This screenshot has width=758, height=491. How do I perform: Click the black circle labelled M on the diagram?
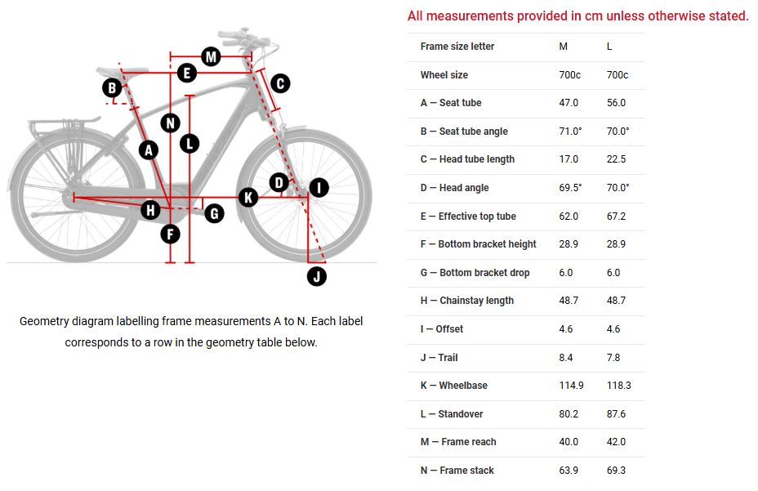[x=211, y=56]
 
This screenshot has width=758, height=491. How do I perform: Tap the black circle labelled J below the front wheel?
[x=317, y=276]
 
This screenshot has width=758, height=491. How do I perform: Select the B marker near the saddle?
[x=112, y=87]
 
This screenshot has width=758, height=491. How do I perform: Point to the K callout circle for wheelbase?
[x=248, y=197]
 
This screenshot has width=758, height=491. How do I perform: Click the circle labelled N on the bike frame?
[x=170, y=123]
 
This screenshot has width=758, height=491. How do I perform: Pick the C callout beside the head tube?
[x=279, y=83]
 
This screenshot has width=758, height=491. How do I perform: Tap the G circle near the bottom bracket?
[x=214, y=213]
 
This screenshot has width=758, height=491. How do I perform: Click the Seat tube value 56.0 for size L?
[x=616, y=103]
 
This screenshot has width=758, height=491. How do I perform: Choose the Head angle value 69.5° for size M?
[x=570, y=188]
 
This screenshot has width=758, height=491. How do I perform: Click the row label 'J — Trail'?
[x=439, y=357]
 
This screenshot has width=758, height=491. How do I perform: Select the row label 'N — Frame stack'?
[x=457, y=471]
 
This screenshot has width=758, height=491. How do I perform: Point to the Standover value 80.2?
[x=568, y=414]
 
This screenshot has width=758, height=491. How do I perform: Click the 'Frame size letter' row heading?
[x=457, y=47]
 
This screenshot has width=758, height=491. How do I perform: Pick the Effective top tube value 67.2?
[x=616, y=216]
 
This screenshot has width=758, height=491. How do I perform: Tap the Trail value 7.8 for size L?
[x=613, y=357]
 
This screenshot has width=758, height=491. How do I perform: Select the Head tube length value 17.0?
[x=568, y=159]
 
